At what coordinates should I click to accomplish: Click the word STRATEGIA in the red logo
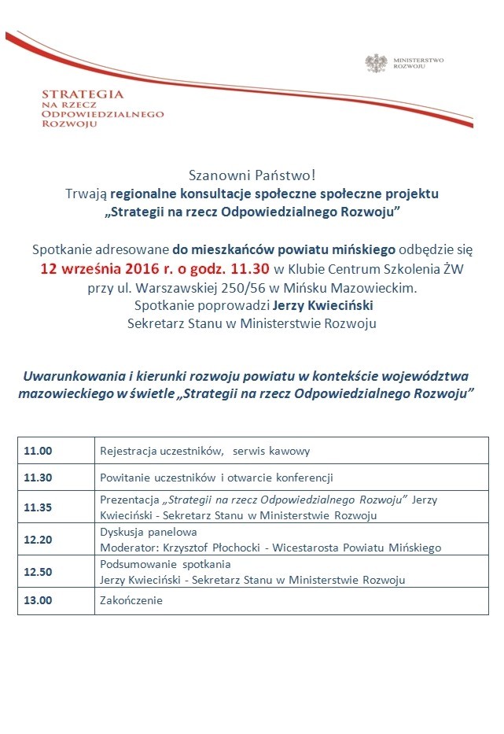click(x=83, y=94)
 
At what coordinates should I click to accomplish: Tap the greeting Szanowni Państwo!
click(x=252, y=175)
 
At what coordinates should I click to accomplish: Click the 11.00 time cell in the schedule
click(x=38, y=452)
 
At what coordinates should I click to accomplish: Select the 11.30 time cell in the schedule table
click(x=38, y=477)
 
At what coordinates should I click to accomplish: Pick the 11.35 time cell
click(x=38, y=507)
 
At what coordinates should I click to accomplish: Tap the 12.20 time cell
click(x=38, y=540)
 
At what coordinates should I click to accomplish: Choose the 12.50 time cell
click(x=38, y=572)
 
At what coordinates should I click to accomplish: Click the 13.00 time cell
click(x=38, y=600)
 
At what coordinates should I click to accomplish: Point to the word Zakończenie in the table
click(x=131, y=600)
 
